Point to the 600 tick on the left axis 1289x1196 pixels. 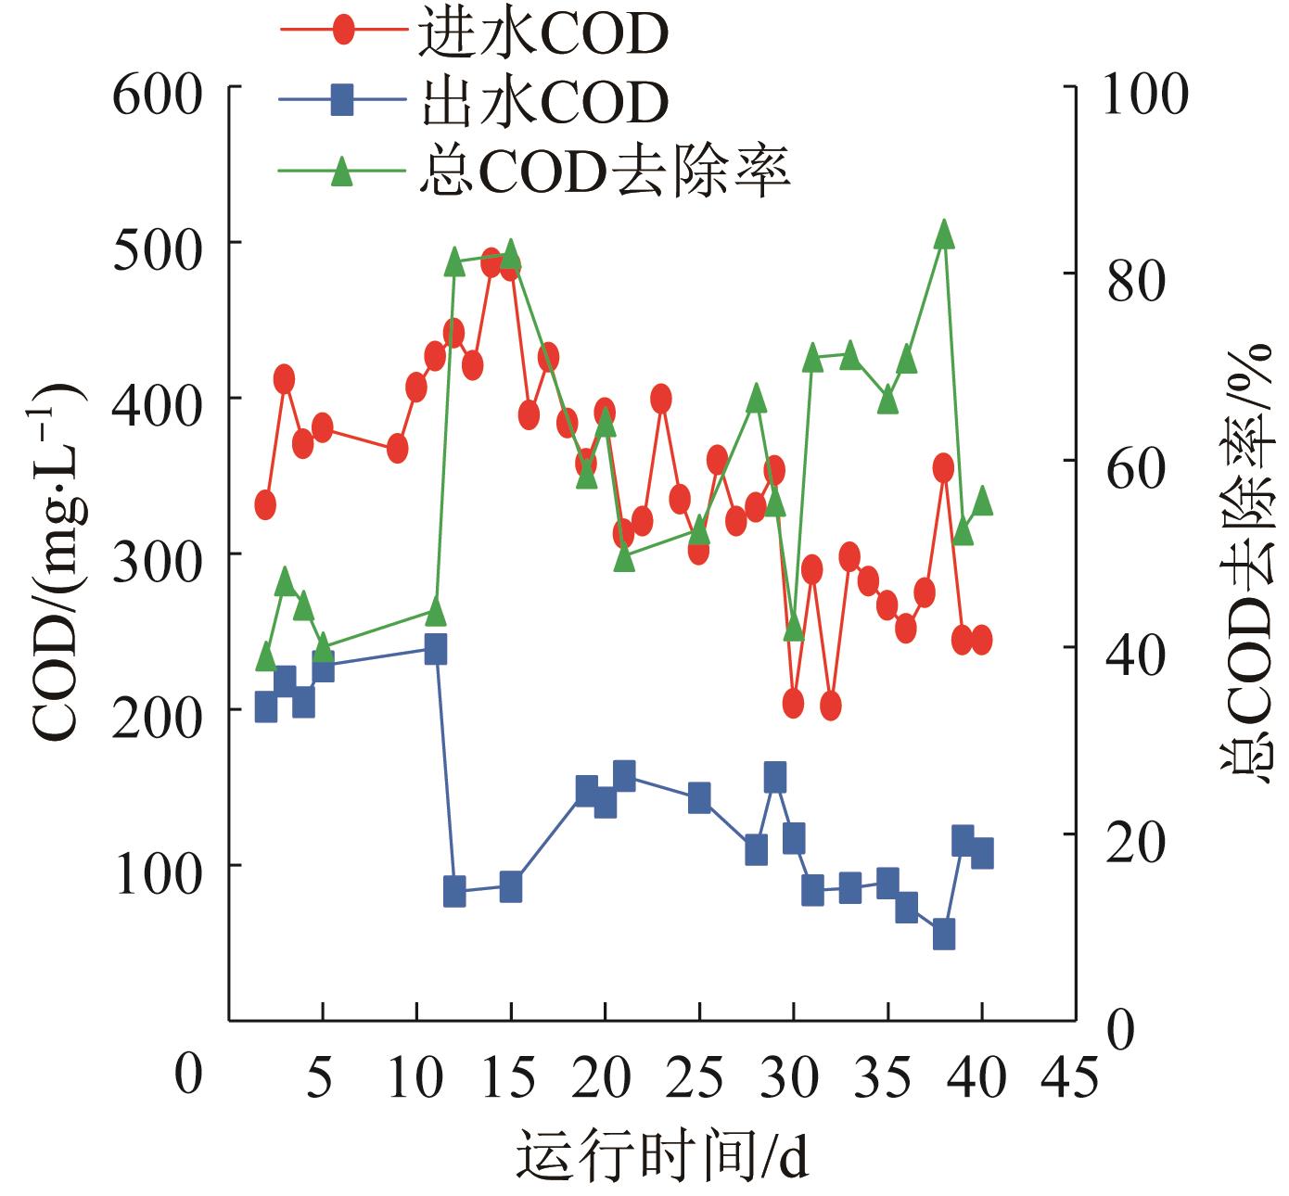[x=156, y=96]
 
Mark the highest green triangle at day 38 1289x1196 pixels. [x=944, y=234]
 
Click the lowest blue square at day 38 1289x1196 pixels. [x=944, y=935]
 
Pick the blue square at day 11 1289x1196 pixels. [x=436, y=649]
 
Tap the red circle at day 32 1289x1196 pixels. [x=831, y=706]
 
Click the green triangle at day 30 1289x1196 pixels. [x=794, y=628]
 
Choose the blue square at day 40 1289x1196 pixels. [x=982, y=853]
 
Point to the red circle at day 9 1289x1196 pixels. [x=398, y=448]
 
